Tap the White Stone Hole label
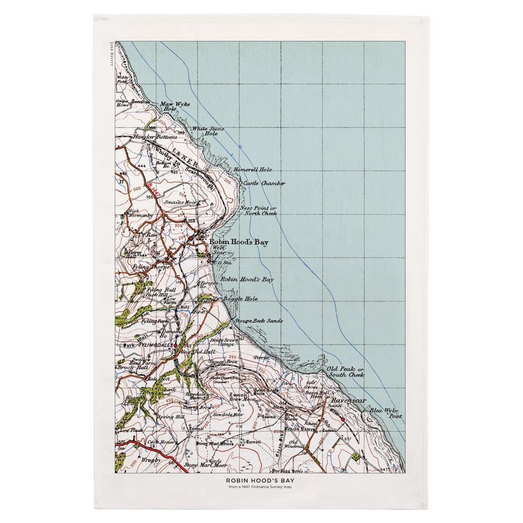pos(205,131)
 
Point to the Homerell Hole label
pos(252,170)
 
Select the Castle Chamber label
pos(264,183)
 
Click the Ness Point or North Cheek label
pos(259,211)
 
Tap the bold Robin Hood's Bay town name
pos(238,243)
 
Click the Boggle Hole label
pos(240,299)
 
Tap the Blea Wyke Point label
pos(386,414)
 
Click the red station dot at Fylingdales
pos(177,345)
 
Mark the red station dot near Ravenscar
pos(342,419)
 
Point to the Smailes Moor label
pos(182,202)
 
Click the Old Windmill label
pos(293,444)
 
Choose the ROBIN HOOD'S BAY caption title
pos(261,480)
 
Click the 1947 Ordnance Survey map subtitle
pos(261,487)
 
